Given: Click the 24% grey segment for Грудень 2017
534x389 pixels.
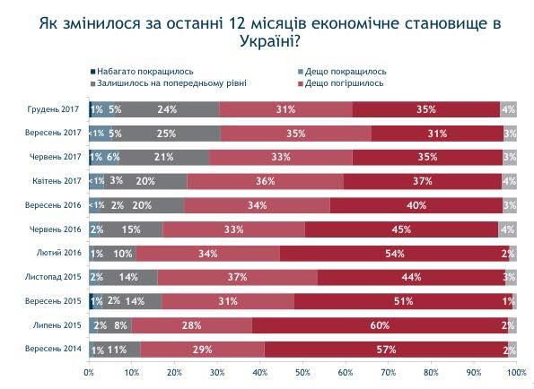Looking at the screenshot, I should [x=167, y=109].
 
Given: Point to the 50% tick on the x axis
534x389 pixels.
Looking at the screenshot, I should [x=302, y=371].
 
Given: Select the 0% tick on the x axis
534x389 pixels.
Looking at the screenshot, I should [x=89, y=371].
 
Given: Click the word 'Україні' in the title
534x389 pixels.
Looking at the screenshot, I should [x=263, y=40].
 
